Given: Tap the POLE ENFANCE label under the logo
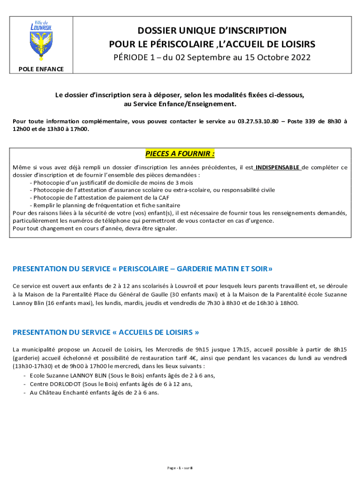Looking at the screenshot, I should (x=41, y=69).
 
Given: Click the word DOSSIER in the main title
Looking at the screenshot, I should (x=159, y=31).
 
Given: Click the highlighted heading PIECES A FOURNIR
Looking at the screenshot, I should (x=180, y=154).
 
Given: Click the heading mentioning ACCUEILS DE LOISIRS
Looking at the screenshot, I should (x=106, y=332).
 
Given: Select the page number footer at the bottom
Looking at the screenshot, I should (x=180, y=468).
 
